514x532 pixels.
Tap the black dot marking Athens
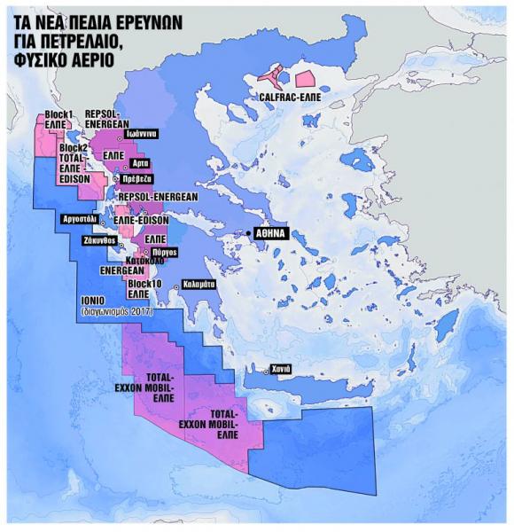pyautogui.click(x=249, y=234)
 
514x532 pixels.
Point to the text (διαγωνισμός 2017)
pyautogui.click(x=114, y=312)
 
